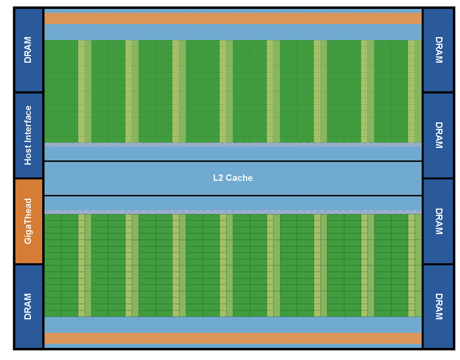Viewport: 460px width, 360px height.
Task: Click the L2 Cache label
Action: point(233,178)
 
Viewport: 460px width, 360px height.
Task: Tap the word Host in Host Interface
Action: point(28,155)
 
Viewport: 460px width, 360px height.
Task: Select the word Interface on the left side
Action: point(28,124)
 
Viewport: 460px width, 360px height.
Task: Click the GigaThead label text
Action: point(28,221)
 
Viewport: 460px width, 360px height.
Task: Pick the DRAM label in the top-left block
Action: point(28,50)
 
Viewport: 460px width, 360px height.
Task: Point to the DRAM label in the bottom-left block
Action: point(28,306)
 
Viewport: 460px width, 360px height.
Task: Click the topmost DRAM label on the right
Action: point(439,50)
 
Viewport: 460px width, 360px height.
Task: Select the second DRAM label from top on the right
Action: point(439,135)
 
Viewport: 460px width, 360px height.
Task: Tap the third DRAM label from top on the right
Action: point(439,221)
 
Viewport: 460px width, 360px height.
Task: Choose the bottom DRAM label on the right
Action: point(439,306)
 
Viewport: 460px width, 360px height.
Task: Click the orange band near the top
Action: point(233,18)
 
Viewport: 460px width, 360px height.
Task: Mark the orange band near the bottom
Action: point(233,338)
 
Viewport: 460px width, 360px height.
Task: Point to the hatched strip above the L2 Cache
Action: point(233,145)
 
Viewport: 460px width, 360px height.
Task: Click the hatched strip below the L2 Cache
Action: point(233,212)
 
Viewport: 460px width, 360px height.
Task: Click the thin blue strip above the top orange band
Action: point(233,11)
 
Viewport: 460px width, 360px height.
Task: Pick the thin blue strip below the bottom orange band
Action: point(233,346)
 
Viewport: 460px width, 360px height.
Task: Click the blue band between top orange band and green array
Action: point(233,32)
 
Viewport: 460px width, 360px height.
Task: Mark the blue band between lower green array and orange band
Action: point(233,325)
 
